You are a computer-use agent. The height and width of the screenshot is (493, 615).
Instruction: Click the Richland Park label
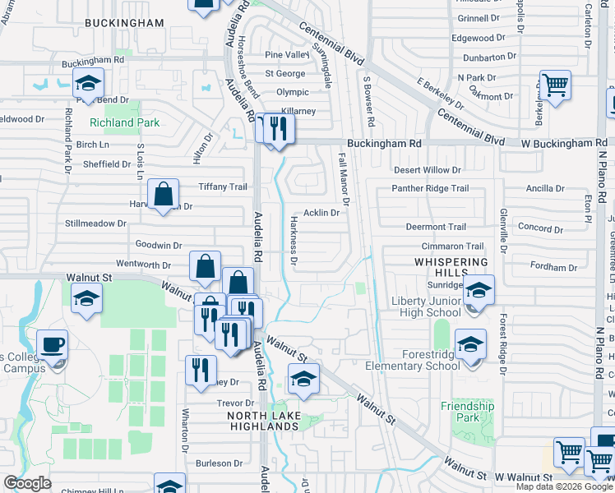tap(124, 122)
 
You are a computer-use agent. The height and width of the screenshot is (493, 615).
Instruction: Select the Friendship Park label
tap(467, 412)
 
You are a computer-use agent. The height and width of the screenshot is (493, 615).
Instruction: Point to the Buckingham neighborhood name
tap(124, 23)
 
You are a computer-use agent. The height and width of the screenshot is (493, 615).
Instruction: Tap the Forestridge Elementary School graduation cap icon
tap(470, 345)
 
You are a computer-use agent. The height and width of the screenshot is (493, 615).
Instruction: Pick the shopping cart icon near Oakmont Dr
tap(556, 85)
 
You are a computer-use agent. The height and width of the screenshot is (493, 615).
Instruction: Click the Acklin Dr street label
tap(321, 213)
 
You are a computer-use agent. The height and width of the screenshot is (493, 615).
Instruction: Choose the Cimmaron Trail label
tap(452, 246)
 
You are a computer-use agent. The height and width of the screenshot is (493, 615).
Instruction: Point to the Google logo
tap(28, 483)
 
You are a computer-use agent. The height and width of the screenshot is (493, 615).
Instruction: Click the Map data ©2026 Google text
tap(565, 486)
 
